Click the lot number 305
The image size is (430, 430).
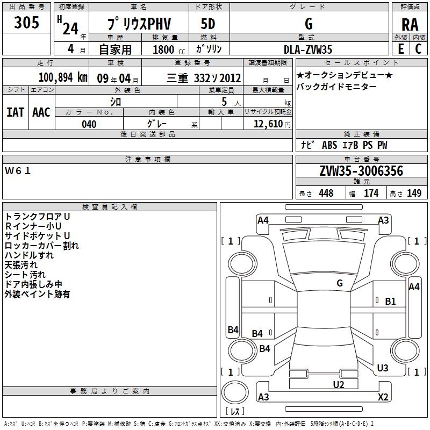point(26,22)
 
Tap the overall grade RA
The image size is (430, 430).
point(410,25)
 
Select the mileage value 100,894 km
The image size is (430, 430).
point(63,77)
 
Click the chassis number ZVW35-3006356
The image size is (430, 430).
point(361,171)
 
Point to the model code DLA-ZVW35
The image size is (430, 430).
point(307,49)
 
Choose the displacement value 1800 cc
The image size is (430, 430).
point(169,49)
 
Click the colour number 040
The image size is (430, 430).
point(89,124)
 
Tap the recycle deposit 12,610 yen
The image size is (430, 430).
point(272,124)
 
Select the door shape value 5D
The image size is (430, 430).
point(208,24)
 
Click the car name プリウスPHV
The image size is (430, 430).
point(139,24)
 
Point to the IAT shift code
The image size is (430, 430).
point(16,112)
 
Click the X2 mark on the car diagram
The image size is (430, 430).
point(383,397)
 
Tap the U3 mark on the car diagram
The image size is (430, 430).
point(383,368)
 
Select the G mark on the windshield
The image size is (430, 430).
point(340,283)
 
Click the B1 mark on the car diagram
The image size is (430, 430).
point(390,302)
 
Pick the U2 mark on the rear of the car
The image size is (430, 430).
point(339,384)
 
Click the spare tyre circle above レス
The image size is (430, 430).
point(235,392)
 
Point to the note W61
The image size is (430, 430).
point(18,171)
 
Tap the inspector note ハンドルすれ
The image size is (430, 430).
point(29,255)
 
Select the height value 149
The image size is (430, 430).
point(414,193)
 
